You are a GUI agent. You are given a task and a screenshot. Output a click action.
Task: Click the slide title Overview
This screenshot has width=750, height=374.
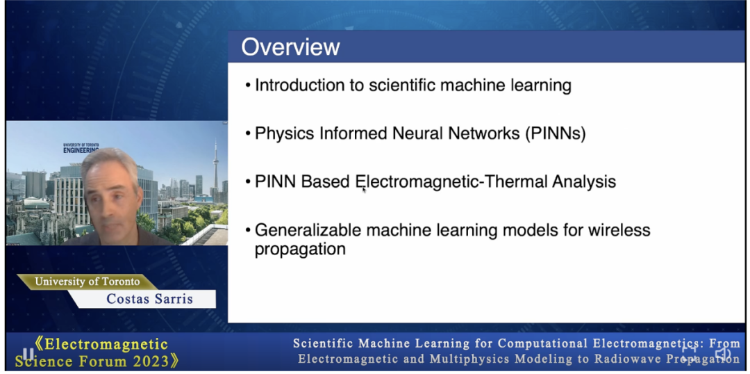pos(290,47)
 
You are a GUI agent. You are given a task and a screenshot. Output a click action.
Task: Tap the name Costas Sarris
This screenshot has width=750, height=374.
pos(149,299)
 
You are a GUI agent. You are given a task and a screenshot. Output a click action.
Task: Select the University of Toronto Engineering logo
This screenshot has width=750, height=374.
pos(81,148)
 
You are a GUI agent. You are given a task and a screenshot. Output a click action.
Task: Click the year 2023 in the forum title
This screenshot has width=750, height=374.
pos(149,360)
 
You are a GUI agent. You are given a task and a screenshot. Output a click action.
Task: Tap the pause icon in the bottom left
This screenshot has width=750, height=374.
pos(28,354)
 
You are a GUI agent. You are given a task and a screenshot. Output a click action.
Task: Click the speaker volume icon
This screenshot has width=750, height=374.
pos(722,355)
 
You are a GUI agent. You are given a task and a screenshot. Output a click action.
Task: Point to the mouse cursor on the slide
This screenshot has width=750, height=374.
pos(363,190)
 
